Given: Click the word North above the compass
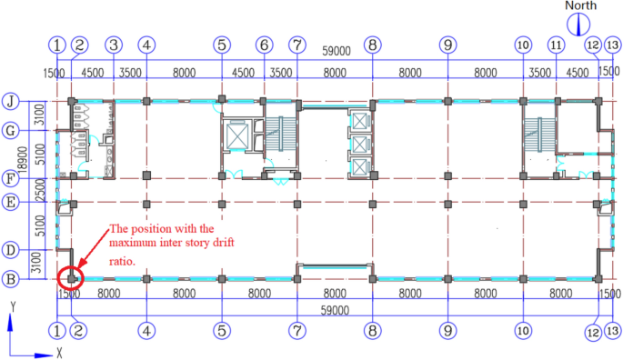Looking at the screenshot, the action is (580, 5).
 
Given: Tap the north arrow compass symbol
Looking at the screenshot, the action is (580, 24).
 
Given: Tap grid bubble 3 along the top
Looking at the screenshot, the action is (113, 44).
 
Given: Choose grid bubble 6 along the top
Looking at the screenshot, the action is (264, 44).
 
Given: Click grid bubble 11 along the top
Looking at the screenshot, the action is (556, 44).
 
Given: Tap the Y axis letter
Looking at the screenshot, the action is (10, 320).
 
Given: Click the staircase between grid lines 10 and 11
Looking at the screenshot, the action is (538, 136).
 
